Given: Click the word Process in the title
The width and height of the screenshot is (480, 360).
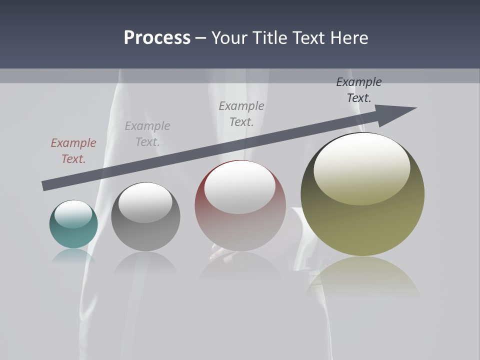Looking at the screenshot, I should pyautogui.click(x=157, y=38).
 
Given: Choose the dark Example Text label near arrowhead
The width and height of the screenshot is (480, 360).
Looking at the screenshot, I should pyautogui.click(x=358, y=90).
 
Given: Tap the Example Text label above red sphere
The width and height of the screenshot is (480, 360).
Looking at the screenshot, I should pyautogui.click(x=241, y=114).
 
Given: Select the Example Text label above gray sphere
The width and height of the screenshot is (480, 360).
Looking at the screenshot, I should pyautogui.click(x=147, y=134).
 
